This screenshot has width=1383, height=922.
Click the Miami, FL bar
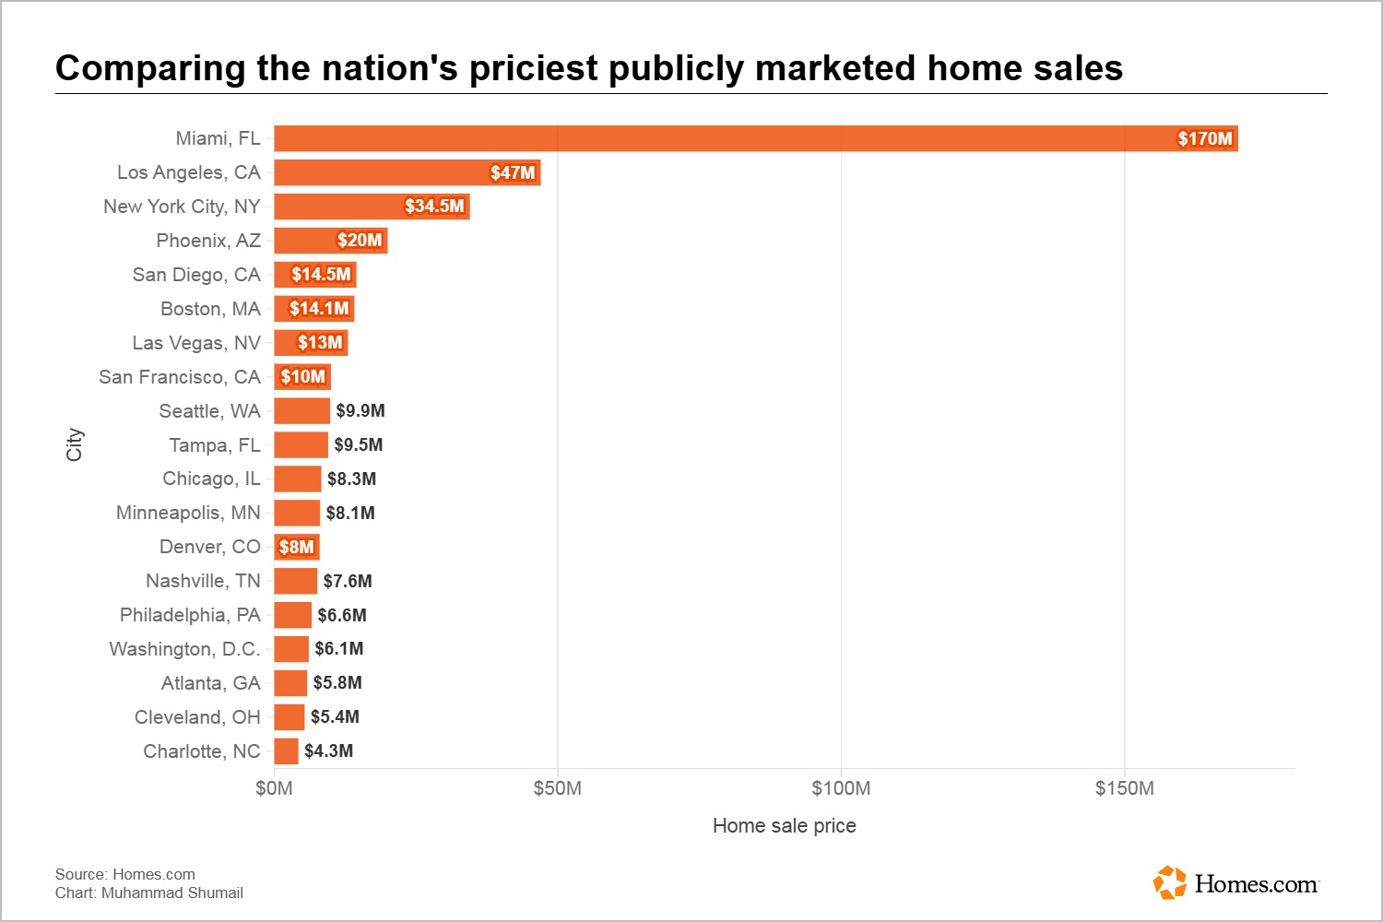point(719,138)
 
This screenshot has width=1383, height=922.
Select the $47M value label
point(513,172)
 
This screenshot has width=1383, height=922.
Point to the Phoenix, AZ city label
point(208,241)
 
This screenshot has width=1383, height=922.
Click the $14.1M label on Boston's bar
point(319,309)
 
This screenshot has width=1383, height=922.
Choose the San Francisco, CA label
point(180,377)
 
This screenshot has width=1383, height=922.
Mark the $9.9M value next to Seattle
point(361,411)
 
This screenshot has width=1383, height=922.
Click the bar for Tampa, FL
point(301,445)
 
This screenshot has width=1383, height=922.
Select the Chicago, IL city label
point(211,479)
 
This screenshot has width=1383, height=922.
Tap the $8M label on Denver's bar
point(297,548)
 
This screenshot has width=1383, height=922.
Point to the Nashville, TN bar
point(295,581)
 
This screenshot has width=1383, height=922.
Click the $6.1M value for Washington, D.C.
point(339,649)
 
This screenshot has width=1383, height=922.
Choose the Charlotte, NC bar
point(286,751)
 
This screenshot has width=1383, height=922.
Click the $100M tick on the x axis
point(841,788)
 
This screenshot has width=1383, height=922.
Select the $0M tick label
point(274,788)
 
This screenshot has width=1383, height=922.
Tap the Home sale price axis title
point(784,826)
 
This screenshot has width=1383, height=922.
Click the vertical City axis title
point(75,444)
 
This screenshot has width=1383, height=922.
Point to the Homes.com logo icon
point(1170,882)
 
